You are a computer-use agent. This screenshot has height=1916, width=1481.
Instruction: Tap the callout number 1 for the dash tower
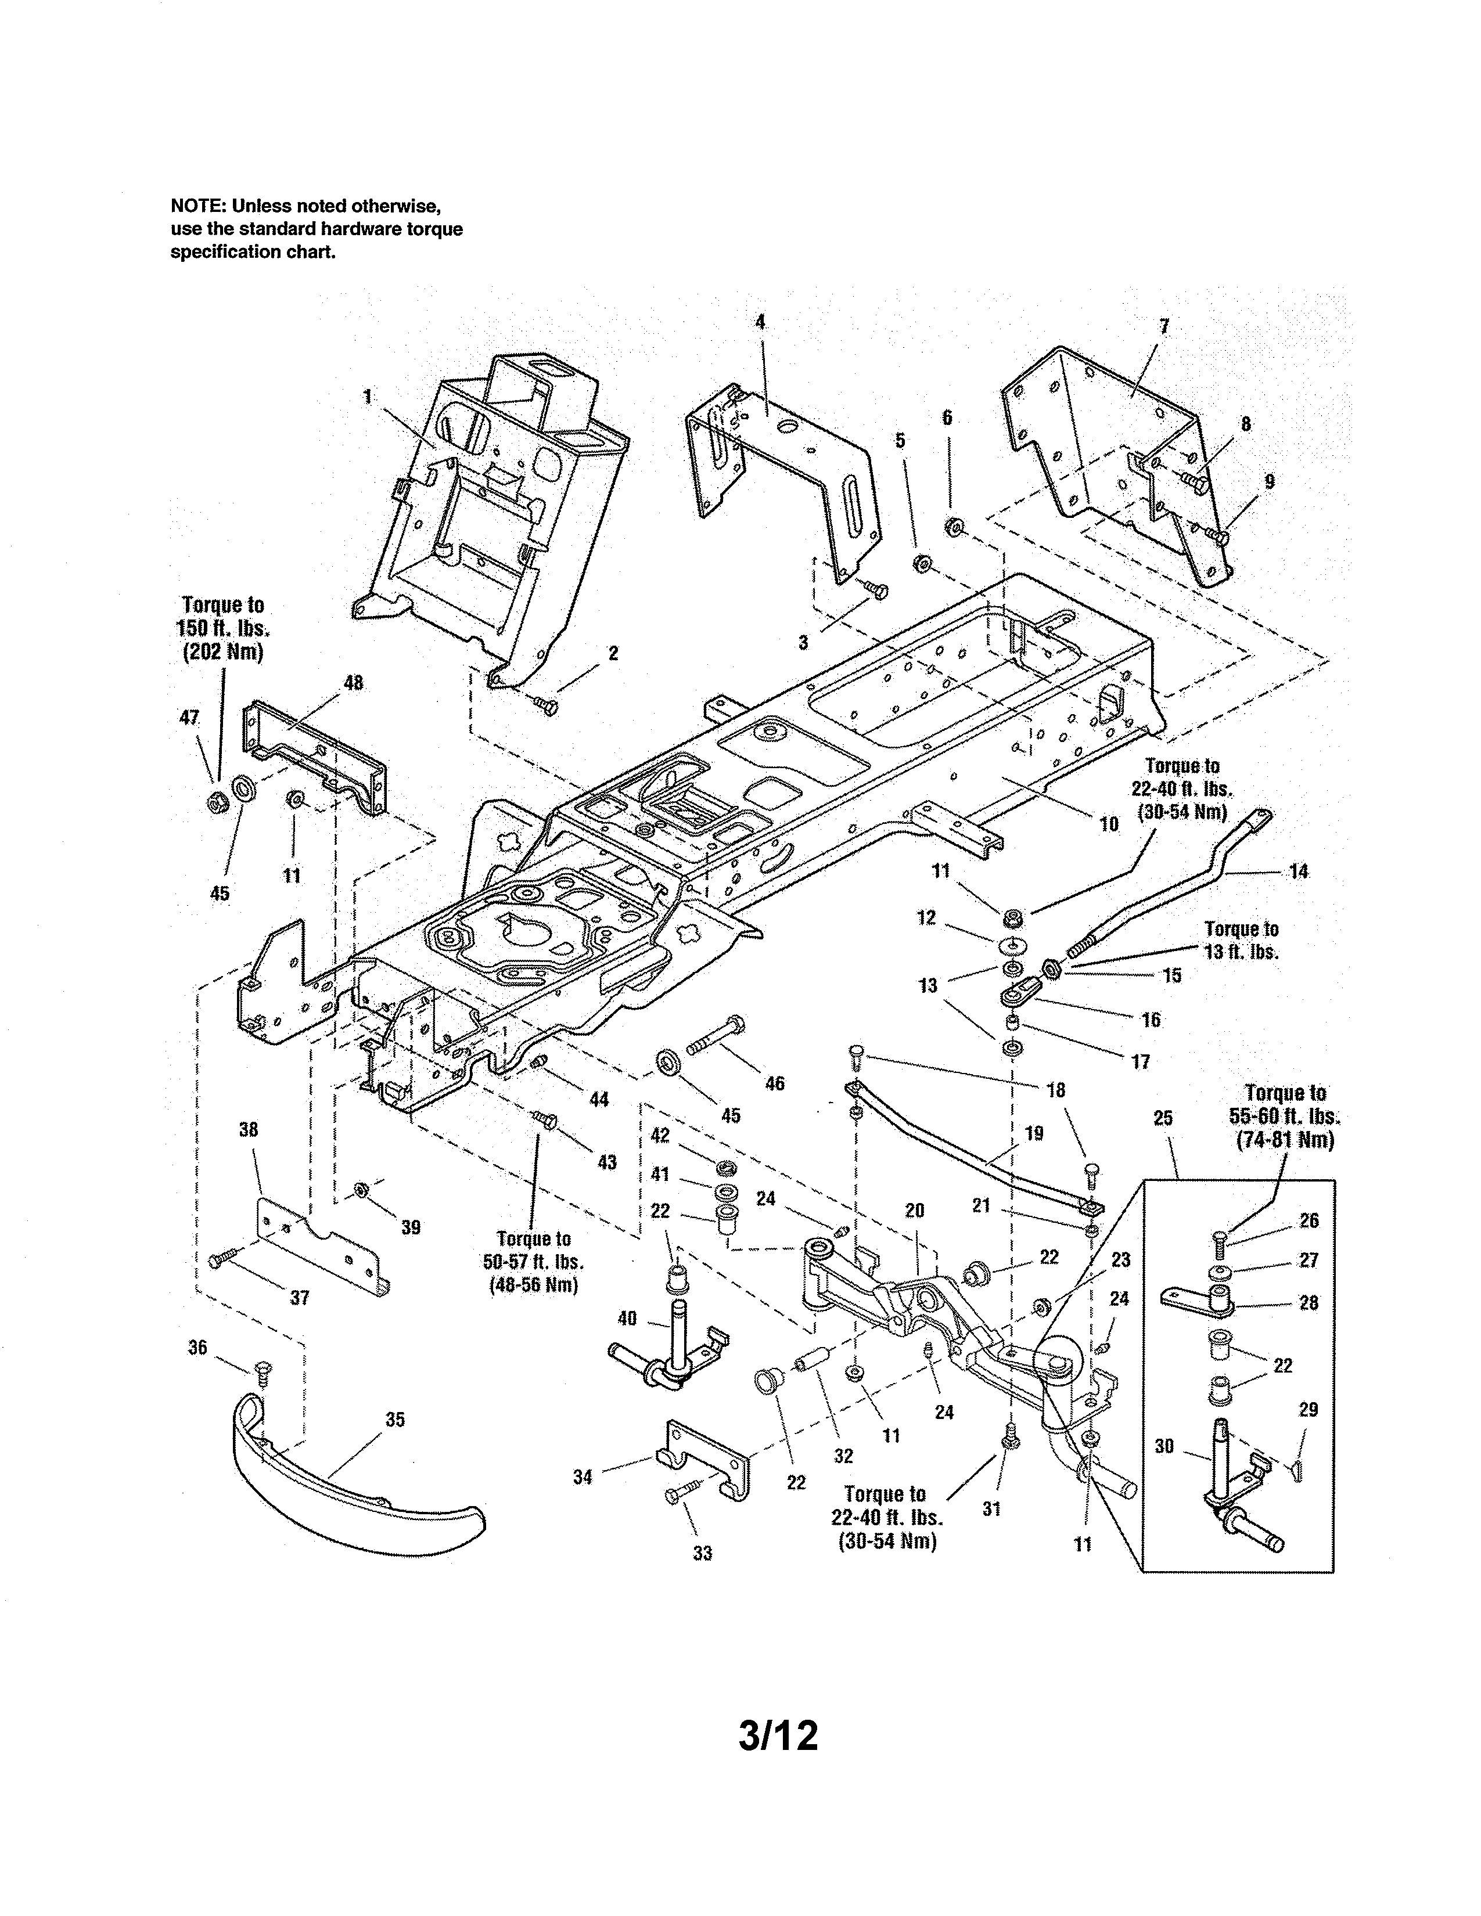click(x=368, y=397)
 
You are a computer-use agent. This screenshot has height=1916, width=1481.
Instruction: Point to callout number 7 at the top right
click(x=1163, y=326)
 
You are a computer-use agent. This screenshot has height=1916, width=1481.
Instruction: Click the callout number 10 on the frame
click(x=1108, y=823)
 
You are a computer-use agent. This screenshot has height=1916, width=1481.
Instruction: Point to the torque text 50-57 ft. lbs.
click(x=533, y=1262)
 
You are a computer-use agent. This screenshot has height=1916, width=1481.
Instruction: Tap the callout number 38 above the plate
click(x=249, y=1130)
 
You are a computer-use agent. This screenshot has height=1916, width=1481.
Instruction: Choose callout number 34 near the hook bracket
click(x=583, y=1478)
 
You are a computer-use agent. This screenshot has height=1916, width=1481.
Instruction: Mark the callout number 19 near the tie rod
click(x=1034, y=1133)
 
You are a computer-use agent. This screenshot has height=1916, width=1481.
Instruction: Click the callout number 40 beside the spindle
click(x=627, y=1318)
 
